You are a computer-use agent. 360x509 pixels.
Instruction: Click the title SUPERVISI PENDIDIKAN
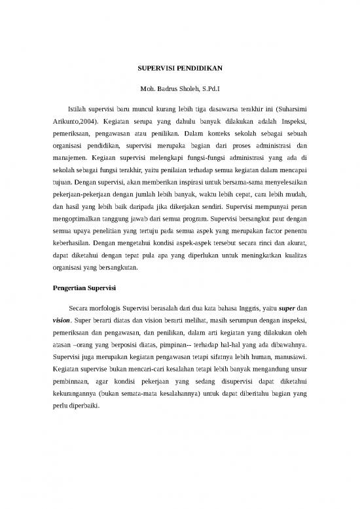tap(179, 67)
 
